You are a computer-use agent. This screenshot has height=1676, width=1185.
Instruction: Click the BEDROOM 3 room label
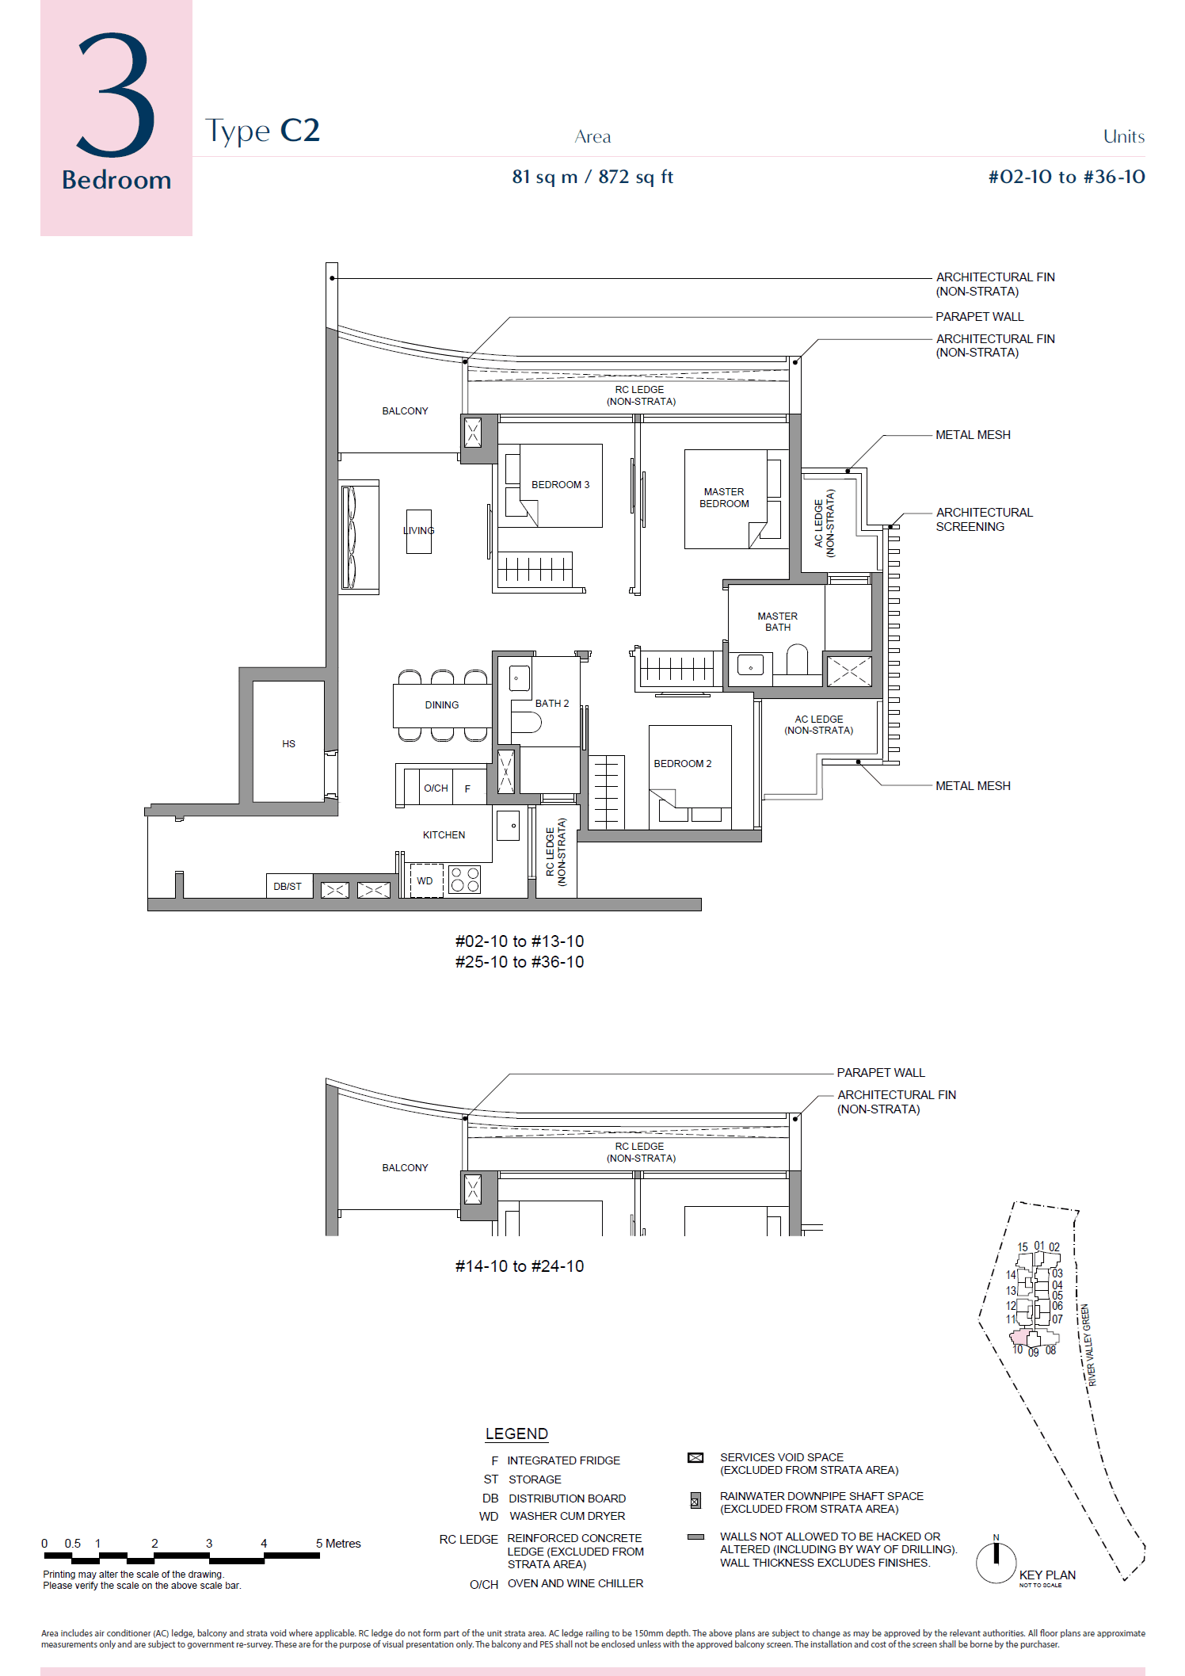pos(560,485)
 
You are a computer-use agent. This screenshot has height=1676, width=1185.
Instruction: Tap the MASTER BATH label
pos(777,622)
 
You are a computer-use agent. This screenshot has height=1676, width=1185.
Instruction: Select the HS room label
pos(288,744)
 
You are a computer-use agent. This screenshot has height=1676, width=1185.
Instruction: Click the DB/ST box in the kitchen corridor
pos(288,887)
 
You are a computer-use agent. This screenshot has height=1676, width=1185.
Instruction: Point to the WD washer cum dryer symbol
pos(425,881)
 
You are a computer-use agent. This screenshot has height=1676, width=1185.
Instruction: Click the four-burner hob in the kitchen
pos(465,880)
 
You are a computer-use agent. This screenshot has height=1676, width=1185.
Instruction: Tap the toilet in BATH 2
pos(525,722)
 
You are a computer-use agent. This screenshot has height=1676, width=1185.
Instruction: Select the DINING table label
pos(441,705)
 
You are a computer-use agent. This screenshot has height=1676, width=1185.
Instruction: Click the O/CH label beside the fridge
pos(436,788)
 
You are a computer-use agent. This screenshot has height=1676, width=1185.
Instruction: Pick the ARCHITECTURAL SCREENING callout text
pos(984,520)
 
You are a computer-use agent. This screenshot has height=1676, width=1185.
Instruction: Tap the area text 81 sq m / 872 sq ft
pos(592,177)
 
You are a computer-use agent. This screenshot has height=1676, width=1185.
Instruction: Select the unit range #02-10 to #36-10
pos(1066,177)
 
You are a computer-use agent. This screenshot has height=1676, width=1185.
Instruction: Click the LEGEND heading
pos(516,1434)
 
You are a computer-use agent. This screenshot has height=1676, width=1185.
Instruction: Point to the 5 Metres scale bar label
pos(338,1544)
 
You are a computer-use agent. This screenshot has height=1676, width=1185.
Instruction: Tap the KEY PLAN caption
pos(1047,1575)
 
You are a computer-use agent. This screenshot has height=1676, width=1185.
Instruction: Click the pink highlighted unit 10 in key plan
pos(1019,1338)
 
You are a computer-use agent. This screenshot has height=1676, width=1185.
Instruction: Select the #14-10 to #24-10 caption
pos(520,1266)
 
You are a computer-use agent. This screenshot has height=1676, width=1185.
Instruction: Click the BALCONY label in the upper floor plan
pos(405,411)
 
